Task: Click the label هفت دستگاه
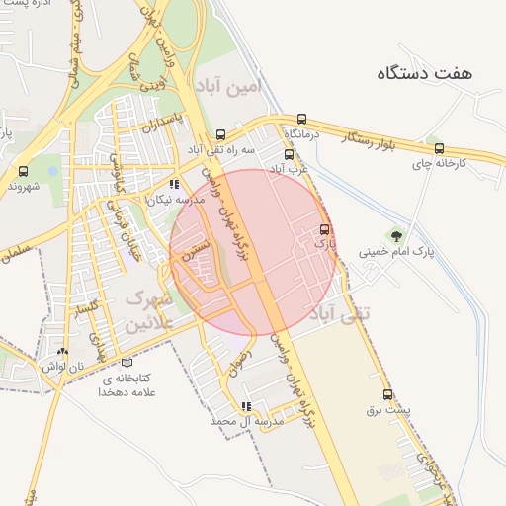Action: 425,72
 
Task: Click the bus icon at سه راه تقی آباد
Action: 221,135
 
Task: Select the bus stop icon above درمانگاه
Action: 301,117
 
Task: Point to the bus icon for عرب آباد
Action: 290,154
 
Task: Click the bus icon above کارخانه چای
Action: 439,149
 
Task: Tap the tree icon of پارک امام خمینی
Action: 396,235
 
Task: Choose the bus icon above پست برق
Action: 387,394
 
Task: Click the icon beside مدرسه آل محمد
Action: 246,406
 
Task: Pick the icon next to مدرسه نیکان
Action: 174,184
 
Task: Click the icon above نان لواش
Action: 62,351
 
